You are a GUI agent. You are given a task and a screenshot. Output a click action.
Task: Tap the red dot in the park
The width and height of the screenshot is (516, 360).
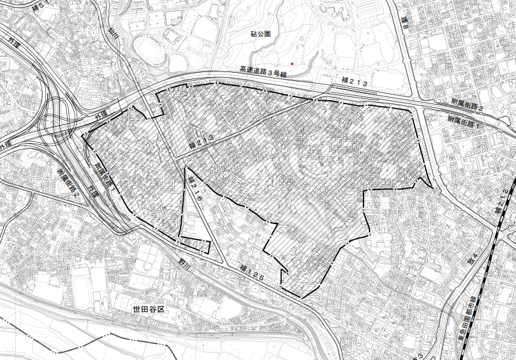293,63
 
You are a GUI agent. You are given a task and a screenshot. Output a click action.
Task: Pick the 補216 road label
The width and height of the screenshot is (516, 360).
196,190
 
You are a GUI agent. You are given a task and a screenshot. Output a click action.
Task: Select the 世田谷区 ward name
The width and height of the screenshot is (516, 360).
149,309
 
